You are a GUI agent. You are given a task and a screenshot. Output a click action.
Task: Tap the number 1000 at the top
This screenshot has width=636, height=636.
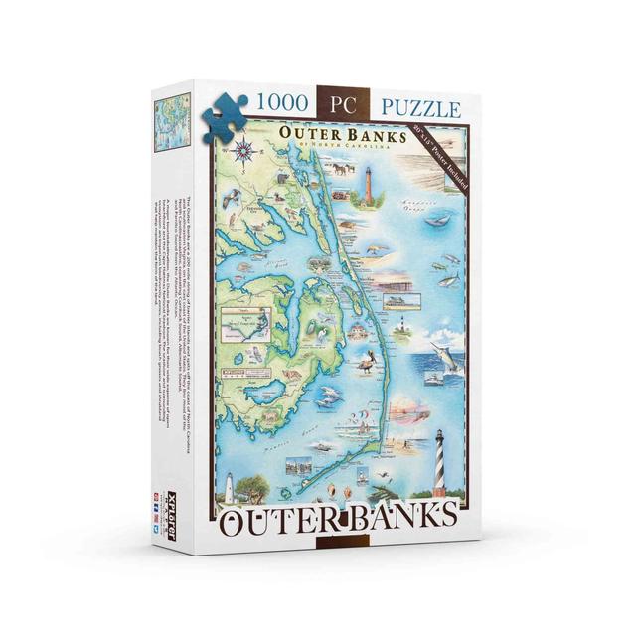click(x=283, y=102)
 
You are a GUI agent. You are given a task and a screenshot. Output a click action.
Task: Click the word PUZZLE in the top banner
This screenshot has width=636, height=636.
click(x=417, y=106)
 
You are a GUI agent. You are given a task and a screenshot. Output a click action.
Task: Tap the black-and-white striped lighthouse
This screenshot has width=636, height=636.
click(x=439, y=475)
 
